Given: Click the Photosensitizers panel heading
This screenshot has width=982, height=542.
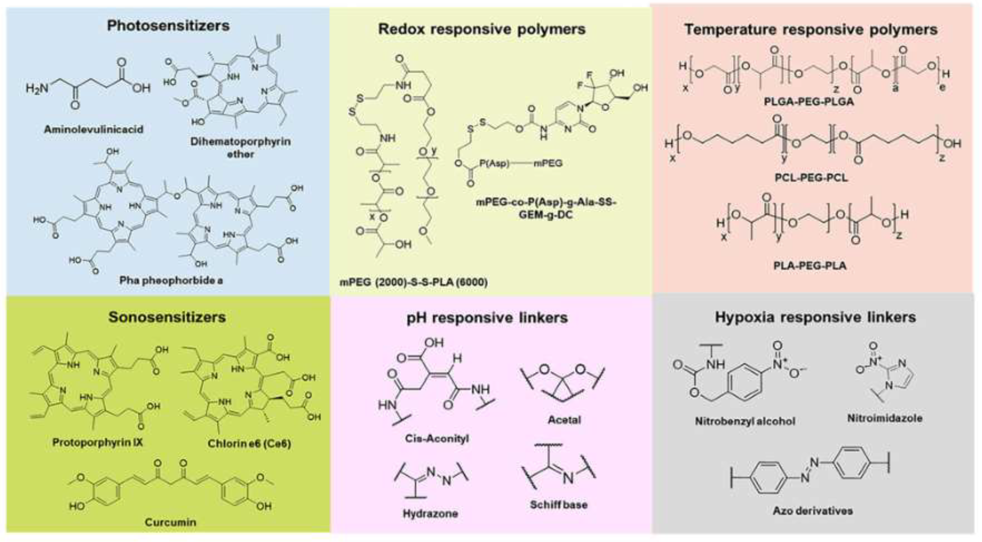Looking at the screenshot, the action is (x=168, y=25).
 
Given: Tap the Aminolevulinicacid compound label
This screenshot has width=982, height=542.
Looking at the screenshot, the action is (x=94, y=129).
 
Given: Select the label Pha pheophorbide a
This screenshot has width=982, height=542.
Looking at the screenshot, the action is (x=171, y=280).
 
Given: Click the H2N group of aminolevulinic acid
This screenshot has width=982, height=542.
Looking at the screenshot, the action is (x=37, y=88).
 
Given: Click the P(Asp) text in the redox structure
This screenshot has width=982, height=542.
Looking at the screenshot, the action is (x=494, y=163).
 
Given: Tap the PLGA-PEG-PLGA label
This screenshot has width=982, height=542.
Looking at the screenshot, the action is (x=809, y=102).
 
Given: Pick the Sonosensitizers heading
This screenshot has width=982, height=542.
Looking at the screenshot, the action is (x=167, y=317).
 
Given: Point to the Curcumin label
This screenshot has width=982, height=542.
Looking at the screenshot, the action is (x=170, y=522).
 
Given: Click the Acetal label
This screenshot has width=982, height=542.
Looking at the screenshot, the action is (x=564, y=420).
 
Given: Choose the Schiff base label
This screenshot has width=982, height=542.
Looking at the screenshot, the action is (x=558, y=505).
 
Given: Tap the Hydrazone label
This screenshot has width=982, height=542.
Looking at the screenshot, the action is (x=430, y=513).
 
